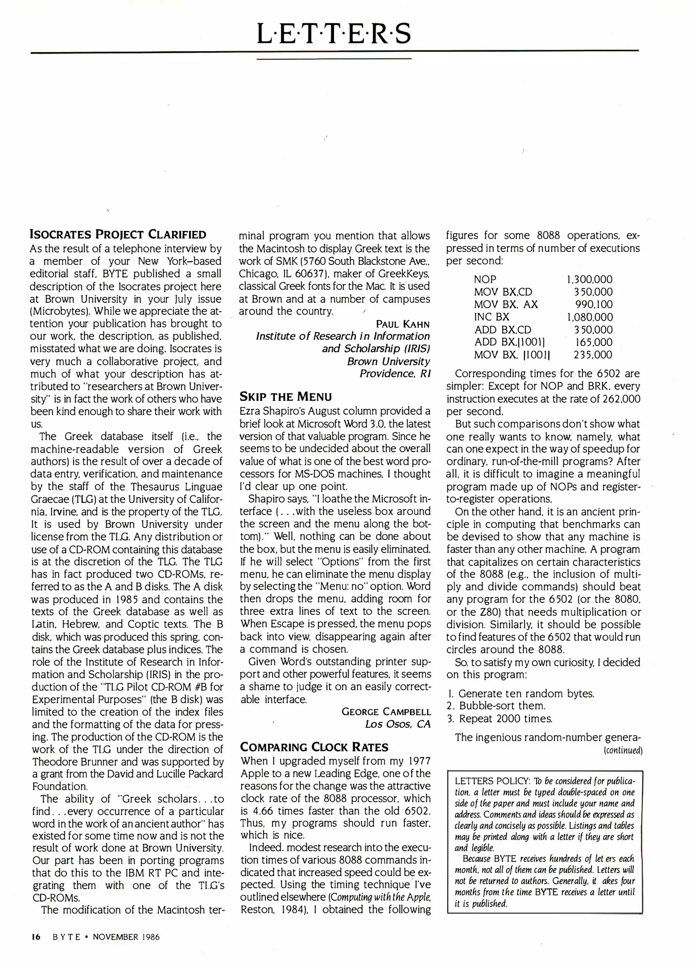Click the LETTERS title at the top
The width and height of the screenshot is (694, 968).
(x=334, y=34)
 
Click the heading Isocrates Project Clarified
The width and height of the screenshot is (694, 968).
(x=118, y=234)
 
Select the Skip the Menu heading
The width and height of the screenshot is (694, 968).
(x=286, y=397)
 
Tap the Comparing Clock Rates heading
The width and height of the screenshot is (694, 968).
(x=314, y=747)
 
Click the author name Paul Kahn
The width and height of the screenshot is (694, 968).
(x=403, y=324)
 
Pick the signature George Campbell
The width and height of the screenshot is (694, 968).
(x=386, y=712)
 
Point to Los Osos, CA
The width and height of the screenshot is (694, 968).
(x=398, y=724)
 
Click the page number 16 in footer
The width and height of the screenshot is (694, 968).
(x=36, y=937)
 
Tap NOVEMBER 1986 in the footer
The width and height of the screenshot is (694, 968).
(x=126, y=937)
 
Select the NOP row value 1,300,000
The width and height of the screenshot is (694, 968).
(x=590, y=280)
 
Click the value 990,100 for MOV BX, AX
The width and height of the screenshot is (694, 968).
(x=594, y=305)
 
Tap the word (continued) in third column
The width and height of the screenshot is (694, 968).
(x=623, y=751)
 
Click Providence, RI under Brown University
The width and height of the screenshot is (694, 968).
(x=395, y=373)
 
